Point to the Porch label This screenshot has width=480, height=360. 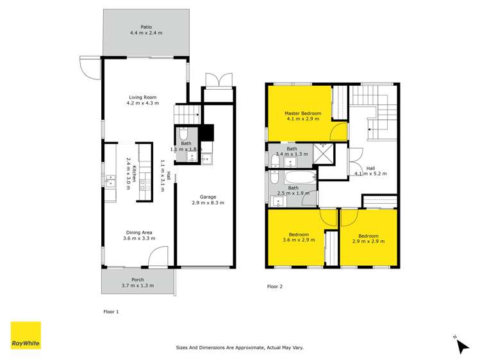pyautogui.click(x=138, y=279)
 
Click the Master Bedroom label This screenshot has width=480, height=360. pyautogui.click(x=303, y=113)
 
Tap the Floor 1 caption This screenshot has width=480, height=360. pyautogui.click(x=111, y=311)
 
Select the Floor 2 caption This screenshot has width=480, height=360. pyautogui.click(x=274, y=286)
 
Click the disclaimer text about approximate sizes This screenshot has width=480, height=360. pyautogui.click(x=240, y=347)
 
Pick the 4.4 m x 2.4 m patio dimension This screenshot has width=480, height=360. pyautogui.click(x=146, y=32)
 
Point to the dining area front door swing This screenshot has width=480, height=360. pyautogui.click(x=157, y=258)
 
